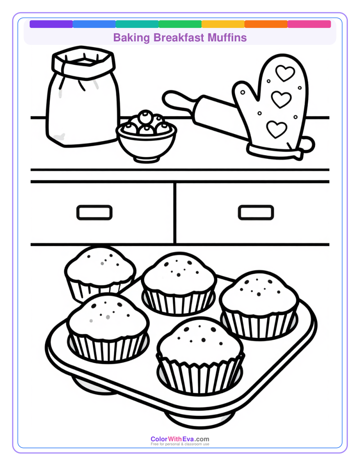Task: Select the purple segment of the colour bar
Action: (51, 24)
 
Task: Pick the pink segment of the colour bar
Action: (309, 24)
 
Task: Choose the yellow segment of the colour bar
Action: (223, 24)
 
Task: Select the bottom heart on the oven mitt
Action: (276, 129)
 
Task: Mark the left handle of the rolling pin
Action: (176, 101)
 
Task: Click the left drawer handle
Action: (94, 212)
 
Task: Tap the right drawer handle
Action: (256, 212)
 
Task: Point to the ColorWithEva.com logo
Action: (180, 439)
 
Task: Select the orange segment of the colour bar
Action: (266, 24)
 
